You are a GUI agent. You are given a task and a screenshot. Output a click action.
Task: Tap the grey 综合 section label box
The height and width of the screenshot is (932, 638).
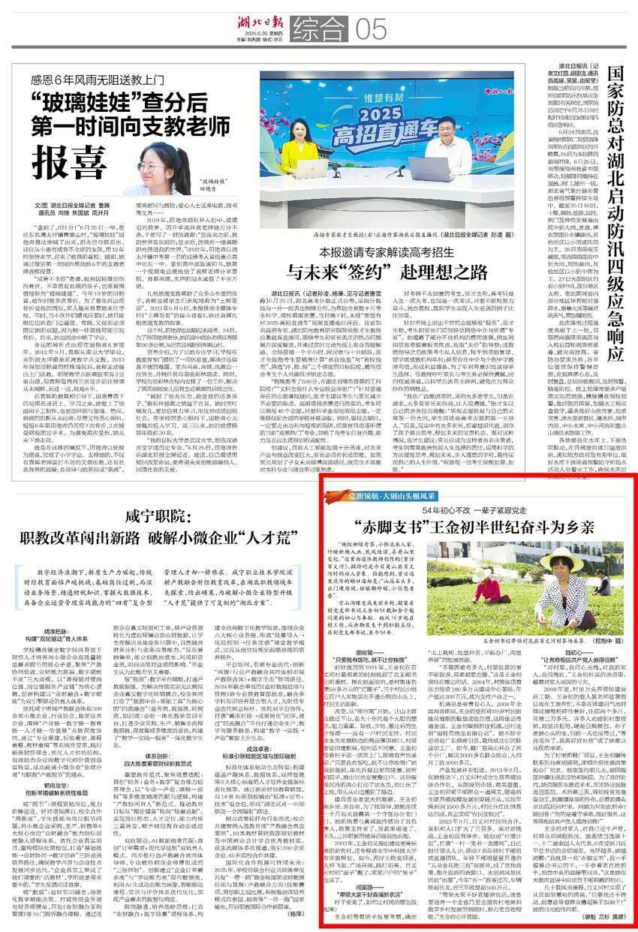point(316,31)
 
